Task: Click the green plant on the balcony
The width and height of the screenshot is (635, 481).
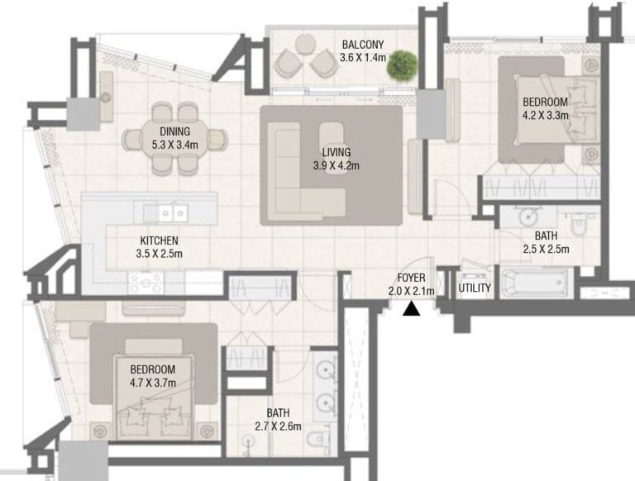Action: point(402,64)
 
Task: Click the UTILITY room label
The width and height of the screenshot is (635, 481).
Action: point(475,288)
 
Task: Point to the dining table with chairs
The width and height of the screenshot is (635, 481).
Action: point(175,138)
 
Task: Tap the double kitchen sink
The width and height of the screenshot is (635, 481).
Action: point(173,213)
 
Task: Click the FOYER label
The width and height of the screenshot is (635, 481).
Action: point(411,278)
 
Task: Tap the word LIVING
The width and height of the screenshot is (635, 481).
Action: point(337,152)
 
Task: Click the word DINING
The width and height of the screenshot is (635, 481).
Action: point(175,131)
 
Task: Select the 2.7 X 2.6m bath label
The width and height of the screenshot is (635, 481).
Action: point(277,419)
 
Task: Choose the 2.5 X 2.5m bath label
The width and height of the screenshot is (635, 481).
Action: point(546,242)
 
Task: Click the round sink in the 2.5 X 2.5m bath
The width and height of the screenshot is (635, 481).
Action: point(525,217)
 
